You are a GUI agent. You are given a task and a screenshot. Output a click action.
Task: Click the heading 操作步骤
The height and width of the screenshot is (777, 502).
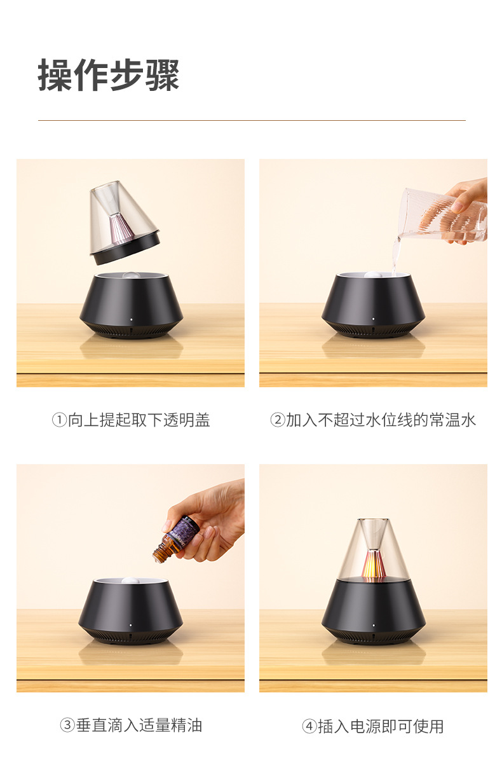point(109,76)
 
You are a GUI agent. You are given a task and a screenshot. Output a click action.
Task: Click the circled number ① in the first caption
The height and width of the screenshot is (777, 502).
point(58,420)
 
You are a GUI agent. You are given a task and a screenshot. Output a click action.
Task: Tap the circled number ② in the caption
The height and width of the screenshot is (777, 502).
point(277,420)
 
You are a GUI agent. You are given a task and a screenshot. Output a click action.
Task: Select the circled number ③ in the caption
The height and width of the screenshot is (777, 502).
point(67,725)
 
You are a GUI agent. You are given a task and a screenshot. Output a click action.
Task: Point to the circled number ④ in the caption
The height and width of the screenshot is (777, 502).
point(309,726)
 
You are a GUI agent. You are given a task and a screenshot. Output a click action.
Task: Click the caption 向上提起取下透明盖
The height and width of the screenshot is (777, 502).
point(139,420)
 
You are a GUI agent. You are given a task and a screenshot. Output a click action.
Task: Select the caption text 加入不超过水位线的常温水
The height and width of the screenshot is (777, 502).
point(381,420)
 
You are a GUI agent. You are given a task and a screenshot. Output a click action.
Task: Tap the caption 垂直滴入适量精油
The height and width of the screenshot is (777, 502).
point(139,725)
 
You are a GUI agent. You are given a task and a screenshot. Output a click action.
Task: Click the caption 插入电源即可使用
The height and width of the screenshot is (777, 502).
point(381,726)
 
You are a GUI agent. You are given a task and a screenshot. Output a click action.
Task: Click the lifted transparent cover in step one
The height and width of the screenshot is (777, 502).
point(123,223)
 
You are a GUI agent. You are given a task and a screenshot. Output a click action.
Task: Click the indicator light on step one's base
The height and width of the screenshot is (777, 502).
point(132,320)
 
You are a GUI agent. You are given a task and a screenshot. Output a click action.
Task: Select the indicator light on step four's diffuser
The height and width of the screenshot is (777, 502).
point(374,625)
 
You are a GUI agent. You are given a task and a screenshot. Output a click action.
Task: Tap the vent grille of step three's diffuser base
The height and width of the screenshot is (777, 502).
point(131,636)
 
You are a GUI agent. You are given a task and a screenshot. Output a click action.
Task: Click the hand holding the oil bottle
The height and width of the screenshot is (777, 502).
point(213,518)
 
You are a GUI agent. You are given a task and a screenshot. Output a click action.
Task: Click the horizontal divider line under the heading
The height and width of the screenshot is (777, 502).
point(252,120)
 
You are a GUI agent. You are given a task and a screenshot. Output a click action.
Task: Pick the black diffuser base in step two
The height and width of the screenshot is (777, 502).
point(373,302)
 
